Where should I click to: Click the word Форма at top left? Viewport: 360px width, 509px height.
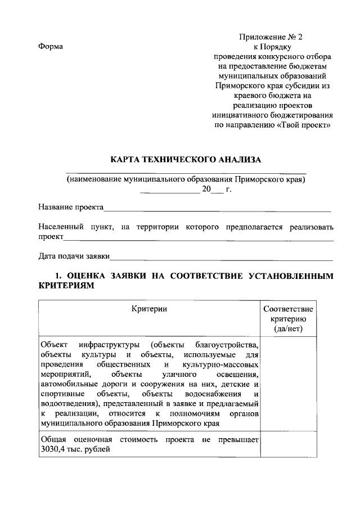(50, 46)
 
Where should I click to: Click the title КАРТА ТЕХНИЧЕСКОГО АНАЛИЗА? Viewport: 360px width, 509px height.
(186, 160)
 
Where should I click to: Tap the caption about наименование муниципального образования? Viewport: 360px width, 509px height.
(186, 179)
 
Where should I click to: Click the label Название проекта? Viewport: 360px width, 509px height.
(71, 208)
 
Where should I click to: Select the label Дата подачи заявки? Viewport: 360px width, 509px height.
(74, 256)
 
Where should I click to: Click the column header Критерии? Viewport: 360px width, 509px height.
(149, 309)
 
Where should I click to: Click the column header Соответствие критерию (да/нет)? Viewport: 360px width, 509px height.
(288, 318)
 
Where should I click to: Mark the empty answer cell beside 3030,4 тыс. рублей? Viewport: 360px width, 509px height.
(288, 444)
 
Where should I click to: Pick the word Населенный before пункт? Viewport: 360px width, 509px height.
(61, 227)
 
